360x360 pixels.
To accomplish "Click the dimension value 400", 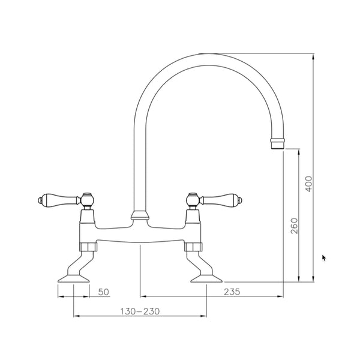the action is pos(309,184).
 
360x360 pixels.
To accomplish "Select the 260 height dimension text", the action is pos(294,226).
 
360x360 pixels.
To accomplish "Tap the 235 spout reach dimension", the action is pos(232,292).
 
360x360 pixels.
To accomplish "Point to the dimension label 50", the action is pos(104,292).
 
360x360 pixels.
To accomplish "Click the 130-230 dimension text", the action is pos(140,311).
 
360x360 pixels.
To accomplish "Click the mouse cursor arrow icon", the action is pos(324,258).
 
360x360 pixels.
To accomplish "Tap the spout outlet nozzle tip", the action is pos(277,144).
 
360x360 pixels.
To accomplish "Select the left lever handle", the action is pos(59,199).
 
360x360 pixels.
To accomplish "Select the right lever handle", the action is pos(221,199).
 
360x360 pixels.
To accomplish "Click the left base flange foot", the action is pos(73,278).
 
